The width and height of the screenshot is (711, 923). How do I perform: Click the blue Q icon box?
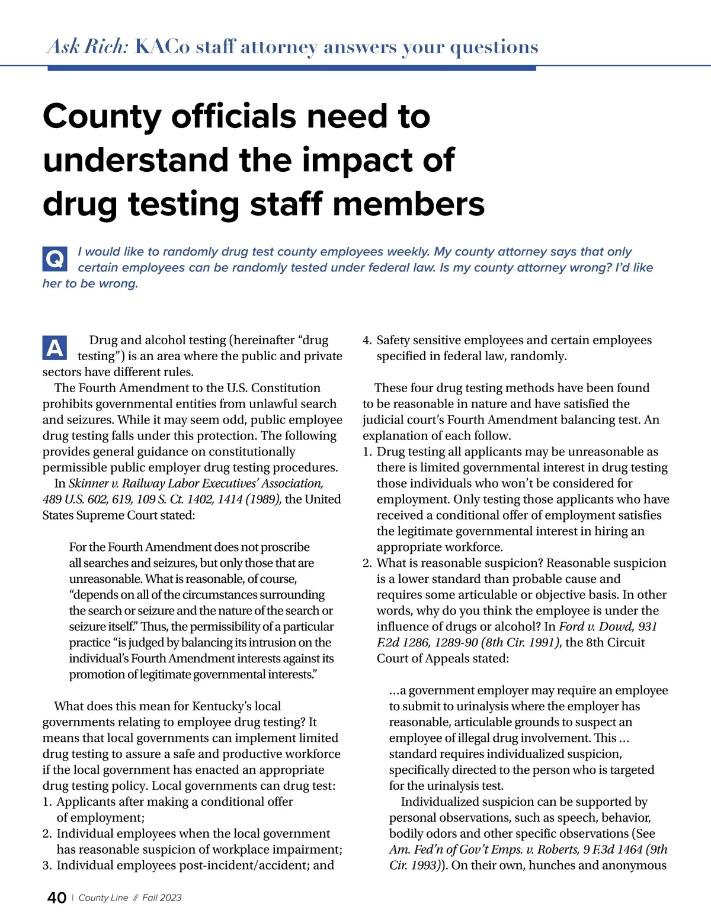55,259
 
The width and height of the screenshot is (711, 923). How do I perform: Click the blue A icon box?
55,348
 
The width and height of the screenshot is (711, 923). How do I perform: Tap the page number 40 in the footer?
57,898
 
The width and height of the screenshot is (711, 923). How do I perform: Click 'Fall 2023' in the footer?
162,898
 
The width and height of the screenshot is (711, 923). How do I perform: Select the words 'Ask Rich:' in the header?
88,46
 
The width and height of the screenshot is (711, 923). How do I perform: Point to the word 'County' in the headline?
101,116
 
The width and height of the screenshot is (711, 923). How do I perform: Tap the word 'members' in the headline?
408,204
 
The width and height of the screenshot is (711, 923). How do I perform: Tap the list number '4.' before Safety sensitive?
367,341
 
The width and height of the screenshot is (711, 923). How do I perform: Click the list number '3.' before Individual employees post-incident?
47,866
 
